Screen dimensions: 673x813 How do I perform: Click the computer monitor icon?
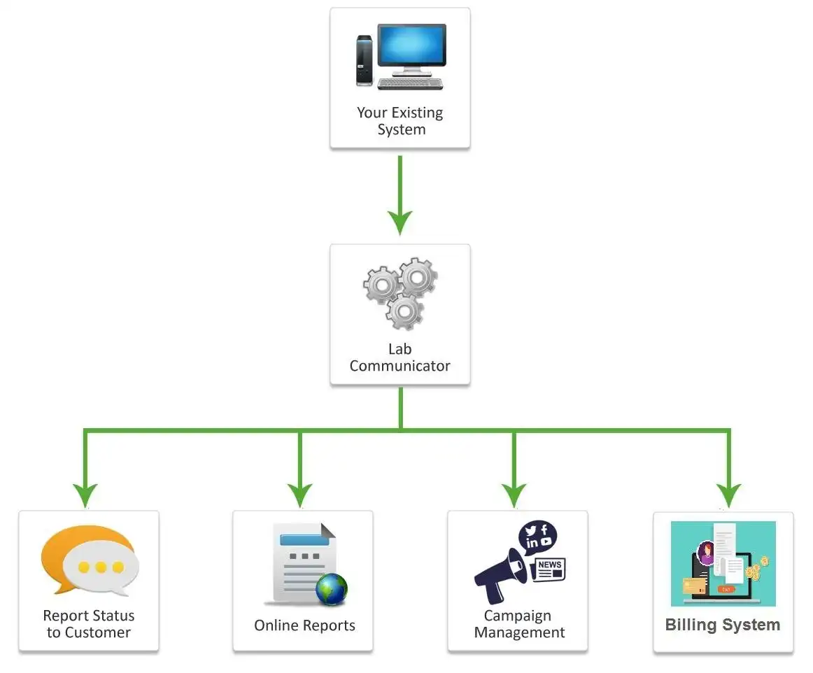411,48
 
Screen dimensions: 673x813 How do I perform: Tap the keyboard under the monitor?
410,83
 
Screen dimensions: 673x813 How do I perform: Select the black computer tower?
364,60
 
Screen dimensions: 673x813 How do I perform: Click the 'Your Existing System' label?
400,121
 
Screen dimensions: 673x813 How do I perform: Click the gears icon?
400,292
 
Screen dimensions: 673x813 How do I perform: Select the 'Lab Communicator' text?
400,357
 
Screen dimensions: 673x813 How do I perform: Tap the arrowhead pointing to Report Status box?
85,494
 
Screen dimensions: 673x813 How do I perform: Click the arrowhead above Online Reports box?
299,494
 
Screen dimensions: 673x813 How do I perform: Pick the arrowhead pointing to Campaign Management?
514,494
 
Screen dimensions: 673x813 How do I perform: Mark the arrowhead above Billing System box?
728,494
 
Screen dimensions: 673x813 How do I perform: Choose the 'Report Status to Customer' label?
89,624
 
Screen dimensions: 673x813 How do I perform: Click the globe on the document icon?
331,589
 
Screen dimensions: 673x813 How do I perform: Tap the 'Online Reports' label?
304,625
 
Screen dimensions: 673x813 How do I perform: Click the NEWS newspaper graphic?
549,569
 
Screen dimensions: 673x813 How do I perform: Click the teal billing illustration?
723,564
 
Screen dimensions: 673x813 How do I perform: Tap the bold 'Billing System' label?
723,625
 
